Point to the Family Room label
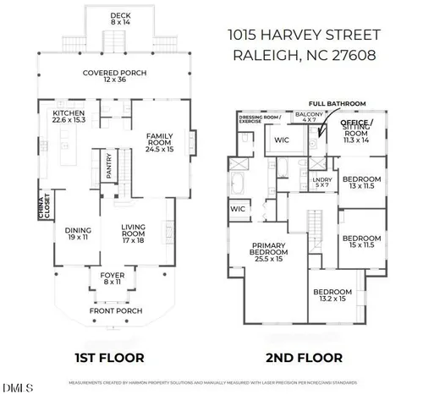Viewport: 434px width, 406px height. click(159, 140)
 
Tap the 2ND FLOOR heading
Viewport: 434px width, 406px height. click(306, 357)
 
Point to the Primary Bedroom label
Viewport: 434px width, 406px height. click(273, 252)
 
